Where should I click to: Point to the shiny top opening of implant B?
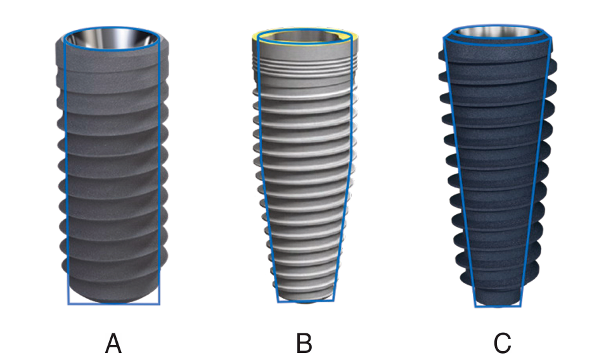tap(304, 37)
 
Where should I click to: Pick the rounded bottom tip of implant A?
tap(113, 297)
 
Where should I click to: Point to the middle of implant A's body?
tap(113, 171)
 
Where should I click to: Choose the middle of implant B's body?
tap(304, 171)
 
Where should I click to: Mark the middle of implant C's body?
tap(498, 171)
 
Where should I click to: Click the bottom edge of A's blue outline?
tap(113, 304)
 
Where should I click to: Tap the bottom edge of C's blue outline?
tap(498, 307)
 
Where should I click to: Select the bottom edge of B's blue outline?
tap(305, 302)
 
